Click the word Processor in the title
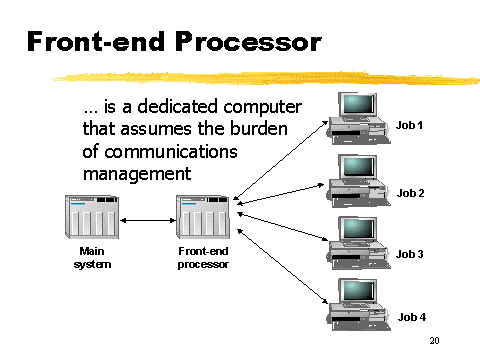(251, 42)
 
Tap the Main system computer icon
(91, 215)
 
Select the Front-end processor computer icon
(204, 215)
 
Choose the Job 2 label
(411, 192)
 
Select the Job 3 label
(411, 254)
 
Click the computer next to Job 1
(360, 117)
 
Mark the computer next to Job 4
(360, 303)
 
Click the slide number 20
(435, 342)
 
